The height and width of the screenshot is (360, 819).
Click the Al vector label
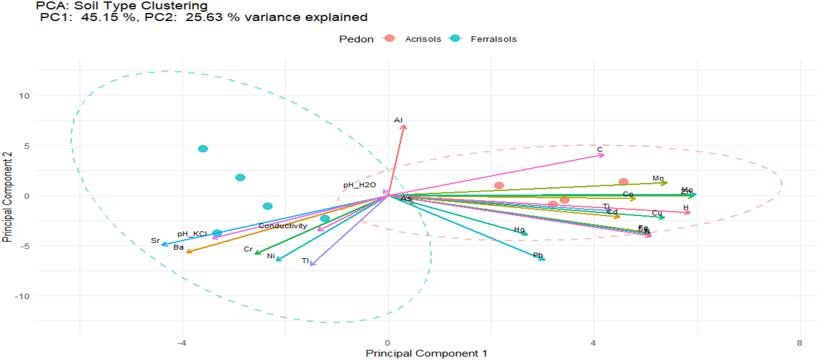(398, 120)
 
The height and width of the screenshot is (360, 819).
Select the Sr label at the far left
(155, 241)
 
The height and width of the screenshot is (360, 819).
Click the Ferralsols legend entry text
(493, 39)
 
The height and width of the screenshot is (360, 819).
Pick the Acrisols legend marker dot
(390, 38)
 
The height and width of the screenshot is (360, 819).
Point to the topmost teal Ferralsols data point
(203, 149)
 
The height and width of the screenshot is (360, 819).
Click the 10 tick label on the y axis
(24, 96)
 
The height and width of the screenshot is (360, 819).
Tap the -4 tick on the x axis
(182, 343)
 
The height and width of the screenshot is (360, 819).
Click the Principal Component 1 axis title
(426, 353)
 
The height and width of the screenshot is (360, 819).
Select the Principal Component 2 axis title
(7, 197)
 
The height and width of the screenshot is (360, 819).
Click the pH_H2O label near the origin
(359, 185)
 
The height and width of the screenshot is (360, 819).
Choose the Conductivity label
(283, 226)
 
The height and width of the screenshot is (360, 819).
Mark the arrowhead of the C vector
(602, 155)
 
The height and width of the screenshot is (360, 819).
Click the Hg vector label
(519, 230)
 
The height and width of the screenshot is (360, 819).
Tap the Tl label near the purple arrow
(305, 261)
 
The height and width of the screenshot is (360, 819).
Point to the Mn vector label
(658, 178)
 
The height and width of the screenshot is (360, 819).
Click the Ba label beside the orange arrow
(178, 247)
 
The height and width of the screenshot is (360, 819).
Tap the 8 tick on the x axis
(800, 343)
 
